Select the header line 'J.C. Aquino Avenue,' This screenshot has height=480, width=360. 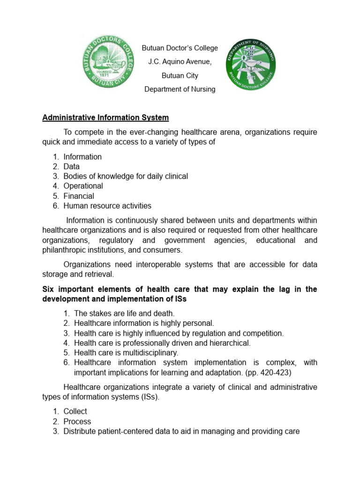(180, 62)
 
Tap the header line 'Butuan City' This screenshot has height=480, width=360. (180, 75)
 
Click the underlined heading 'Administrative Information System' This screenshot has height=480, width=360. (105, 117)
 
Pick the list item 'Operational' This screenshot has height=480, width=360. (83, 186)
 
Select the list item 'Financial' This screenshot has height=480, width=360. (79, 196)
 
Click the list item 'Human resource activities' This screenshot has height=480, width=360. (107, 206)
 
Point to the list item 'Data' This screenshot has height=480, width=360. (72, 166)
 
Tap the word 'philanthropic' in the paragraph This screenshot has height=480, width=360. (64, 250)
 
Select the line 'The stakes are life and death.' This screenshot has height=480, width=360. (124, 313)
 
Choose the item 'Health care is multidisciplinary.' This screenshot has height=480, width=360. (126, 352)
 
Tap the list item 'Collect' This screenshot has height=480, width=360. (75, 411)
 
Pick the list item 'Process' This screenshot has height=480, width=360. (77, 421)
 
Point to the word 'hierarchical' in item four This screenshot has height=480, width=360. (229, 343)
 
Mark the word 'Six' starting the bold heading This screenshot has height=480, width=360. (48, 289)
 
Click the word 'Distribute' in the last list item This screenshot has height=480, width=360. (80, 431)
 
